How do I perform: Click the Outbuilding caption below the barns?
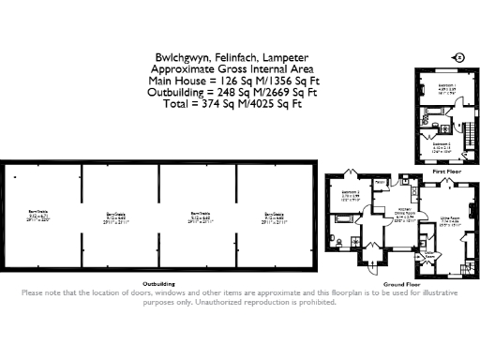coord(158,282)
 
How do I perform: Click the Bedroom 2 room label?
coord(447,144)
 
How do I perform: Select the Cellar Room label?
coord(428,254)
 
